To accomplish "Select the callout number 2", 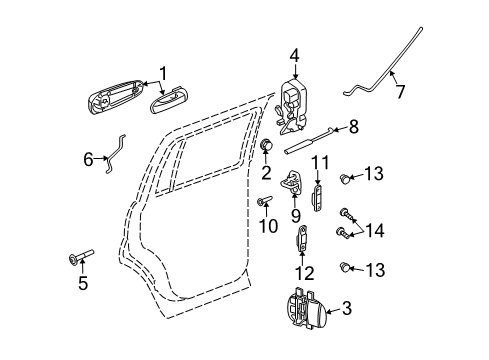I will coord(266,173).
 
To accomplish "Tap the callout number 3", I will coord(347,310).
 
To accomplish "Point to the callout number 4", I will coord(295,55).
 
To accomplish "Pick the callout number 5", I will coord(83,284).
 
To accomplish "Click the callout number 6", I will coord(88,158).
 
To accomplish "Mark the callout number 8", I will coord(352,126).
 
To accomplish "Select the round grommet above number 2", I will coord(266,147).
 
